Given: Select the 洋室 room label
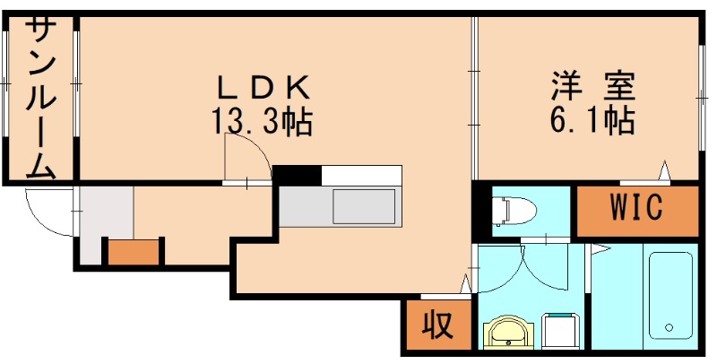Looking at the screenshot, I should click(x=592, y=87).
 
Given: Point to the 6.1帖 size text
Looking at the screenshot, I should click(x=592, y=119).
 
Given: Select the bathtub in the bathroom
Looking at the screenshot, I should click(x=669, y=295).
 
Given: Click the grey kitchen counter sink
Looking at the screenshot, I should click(x=364, y=208).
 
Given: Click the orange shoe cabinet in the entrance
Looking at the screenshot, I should click(x=134, y=253).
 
